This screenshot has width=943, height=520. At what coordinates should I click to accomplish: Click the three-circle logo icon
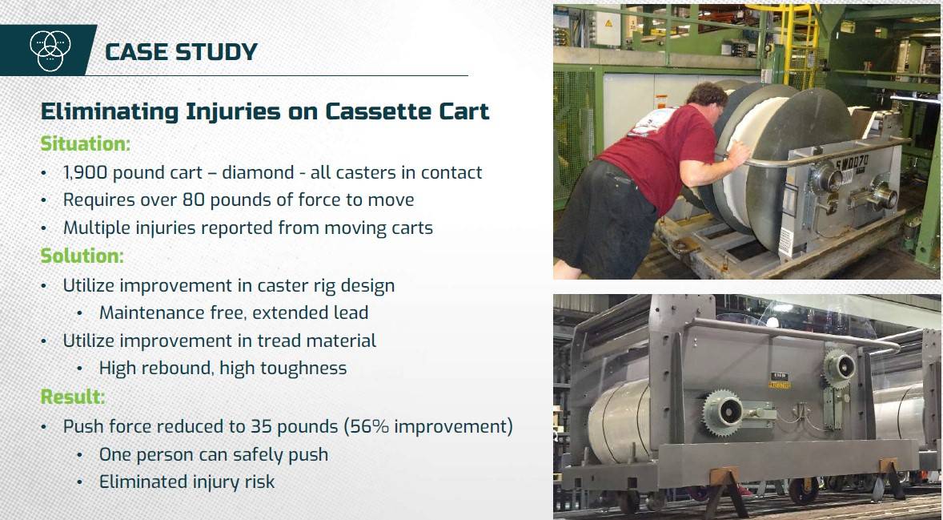tap(50, 50)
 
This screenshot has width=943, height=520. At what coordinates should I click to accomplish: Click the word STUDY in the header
tap(216, 52)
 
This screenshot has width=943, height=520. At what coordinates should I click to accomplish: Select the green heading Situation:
tap(85, 144)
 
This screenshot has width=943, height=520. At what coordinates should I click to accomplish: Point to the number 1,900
tap(86, 173)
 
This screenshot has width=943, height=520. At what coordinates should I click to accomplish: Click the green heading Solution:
tap(82, 256)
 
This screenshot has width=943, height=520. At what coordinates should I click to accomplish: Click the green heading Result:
tap(73, 397)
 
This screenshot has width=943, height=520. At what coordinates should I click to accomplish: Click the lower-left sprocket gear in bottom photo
tap(724, 412)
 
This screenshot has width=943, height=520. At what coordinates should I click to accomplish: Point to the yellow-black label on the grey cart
tap(780, 381)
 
